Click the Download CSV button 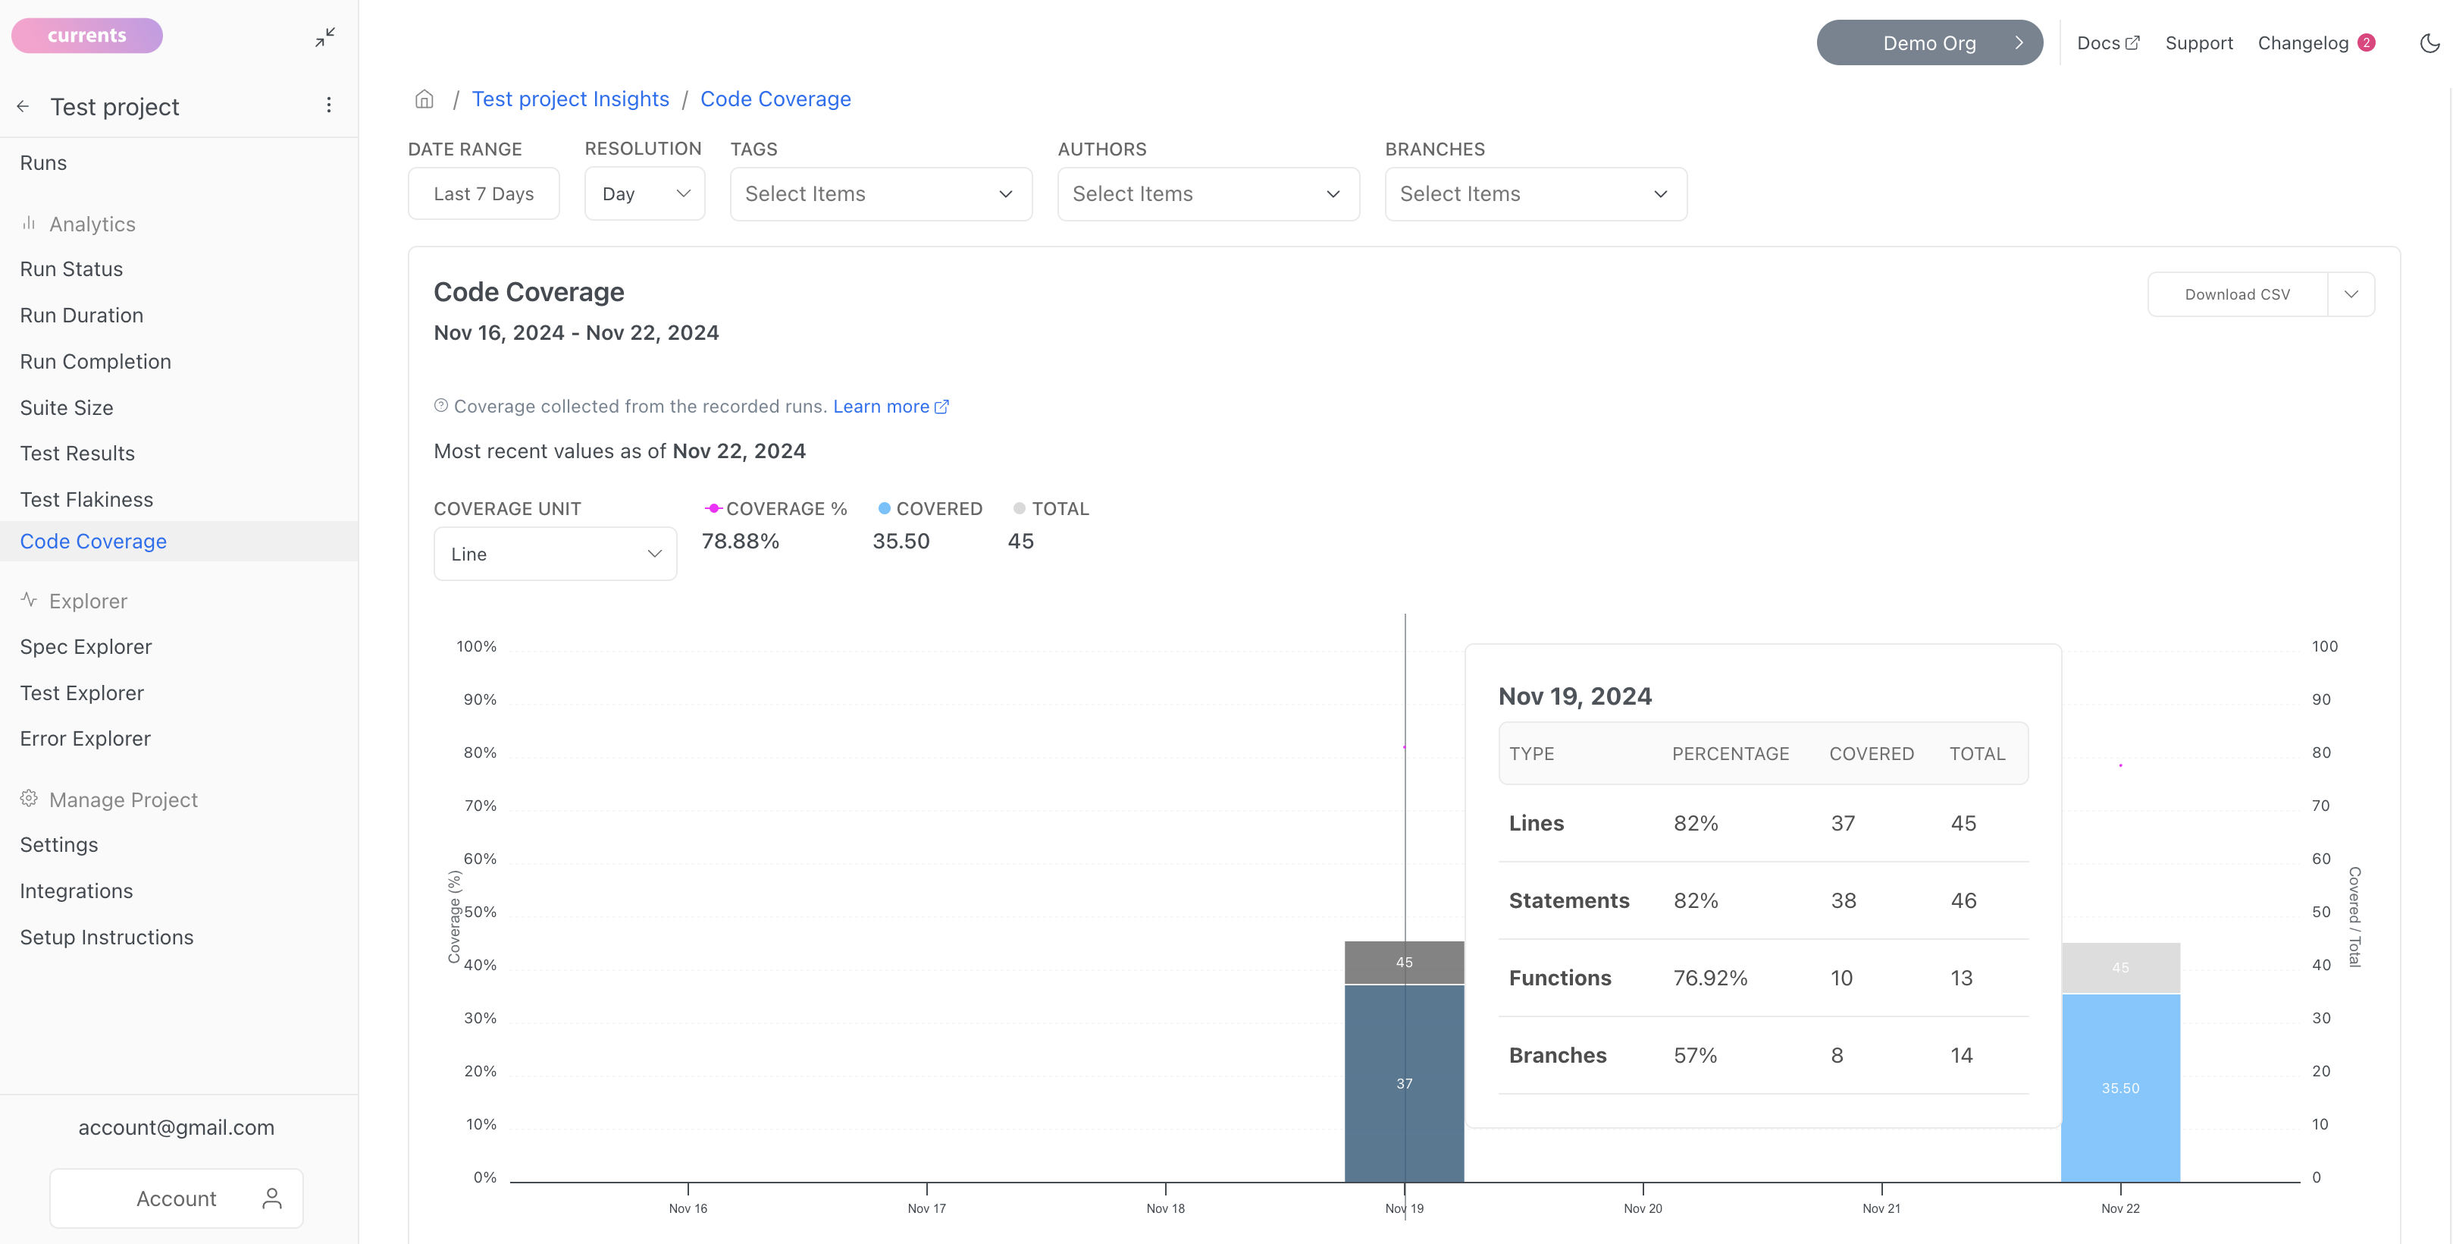[2237, 294]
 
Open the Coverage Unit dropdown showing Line [555, 554]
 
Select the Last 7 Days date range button [484, 193]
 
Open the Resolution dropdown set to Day [644, 193]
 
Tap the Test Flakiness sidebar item [86, 499]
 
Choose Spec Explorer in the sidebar [86, 647]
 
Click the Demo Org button [1929, 43]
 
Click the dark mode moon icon [2430, 43]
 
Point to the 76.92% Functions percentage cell [1710, 979]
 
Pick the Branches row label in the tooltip [1558, 1055]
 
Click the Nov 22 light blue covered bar [2121, 1088]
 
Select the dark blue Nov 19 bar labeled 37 [1404, 1083]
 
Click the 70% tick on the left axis [480, 806]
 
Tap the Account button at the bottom [176, 1198]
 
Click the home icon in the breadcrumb [424, 99]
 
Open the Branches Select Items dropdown [1535, 193]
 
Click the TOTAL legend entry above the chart [1051, 509]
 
